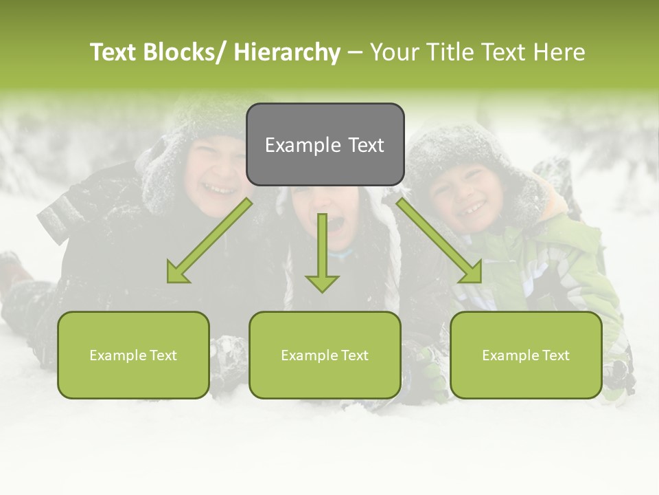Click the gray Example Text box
pos(325,144)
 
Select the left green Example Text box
pos(133,355)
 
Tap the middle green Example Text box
pos(325,355)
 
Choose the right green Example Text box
pos(526,355)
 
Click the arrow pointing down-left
pos(209,241)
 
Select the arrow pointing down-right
pos(439,241)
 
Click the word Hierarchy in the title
pos(287,52)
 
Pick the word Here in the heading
pos(559,52)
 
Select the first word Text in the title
pos(113,52)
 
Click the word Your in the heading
pos(393,52)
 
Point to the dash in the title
pos(355,52)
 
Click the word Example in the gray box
pos(303,145)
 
